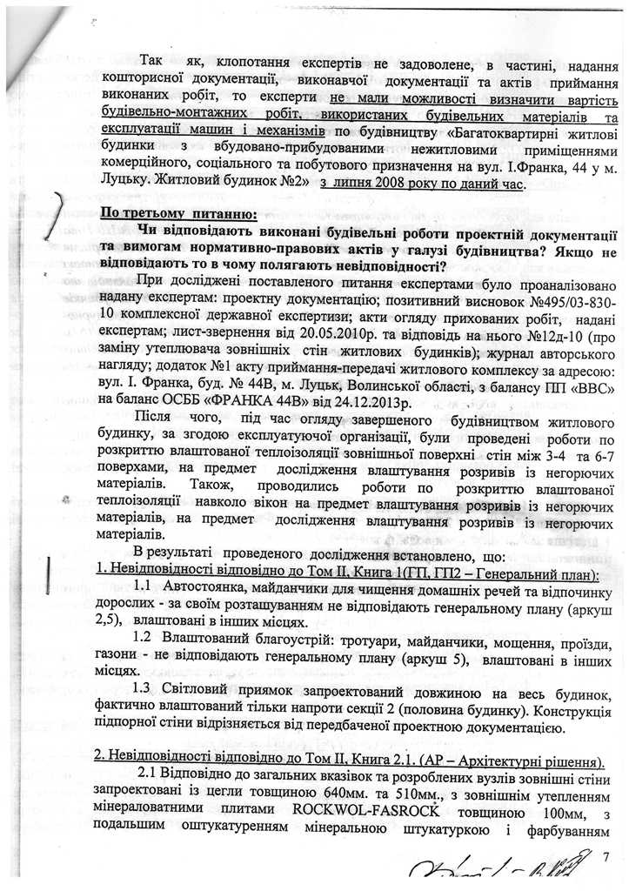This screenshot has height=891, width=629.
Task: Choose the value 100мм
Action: point(539,813)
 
